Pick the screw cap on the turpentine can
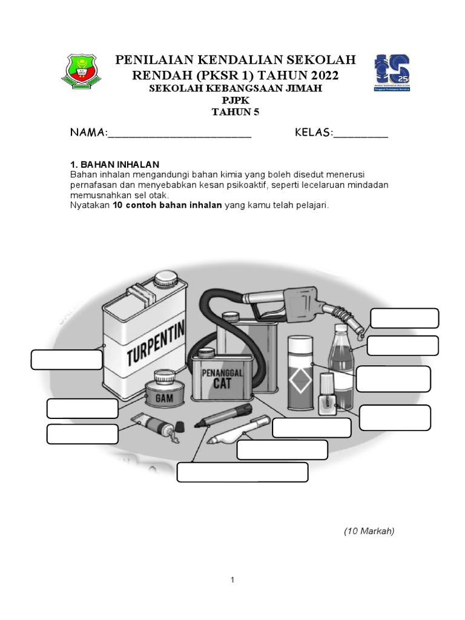(164, 280)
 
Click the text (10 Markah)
(369, 531)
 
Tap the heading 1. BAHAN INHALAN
(114, 164)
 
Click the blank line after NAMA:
(179, 134)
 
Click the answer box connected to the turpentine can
(67, 359)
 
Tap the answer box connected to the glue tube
(82, 434)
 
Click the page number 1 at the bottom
(232, 580)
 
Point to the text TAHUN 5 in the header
(236, 111)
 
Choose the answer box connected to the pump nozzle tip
(404, 318)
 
